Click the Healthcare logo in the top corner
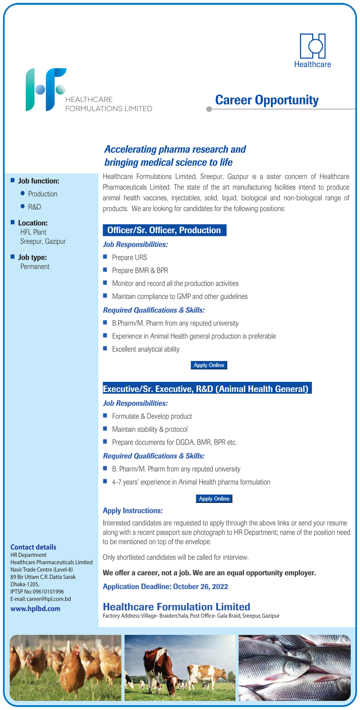[312, 50]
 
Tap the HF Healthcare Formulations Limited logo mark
[45, 90]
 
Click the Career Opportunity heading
[267, 100]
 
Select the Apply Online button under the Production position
[209, 365]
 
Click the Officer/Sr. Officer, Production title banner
[164, 230]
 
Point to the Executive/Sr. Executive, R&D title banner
[207, 389]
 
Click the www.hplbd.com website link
[35, 608]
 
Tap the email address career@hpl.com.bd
[48, 599]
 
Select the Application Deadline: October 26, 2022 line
[165, 586]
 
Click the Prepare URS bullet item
[129, 257]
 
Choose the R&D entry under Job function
[34, 207]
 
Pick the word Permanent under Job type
[35, 267]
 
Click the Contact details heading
[33, 547]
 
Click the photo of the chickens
[66, 667]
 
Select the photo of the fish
[294, 667]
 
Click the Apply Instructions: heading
[132, 511]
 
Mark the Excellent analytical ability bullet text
[146, 349]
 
